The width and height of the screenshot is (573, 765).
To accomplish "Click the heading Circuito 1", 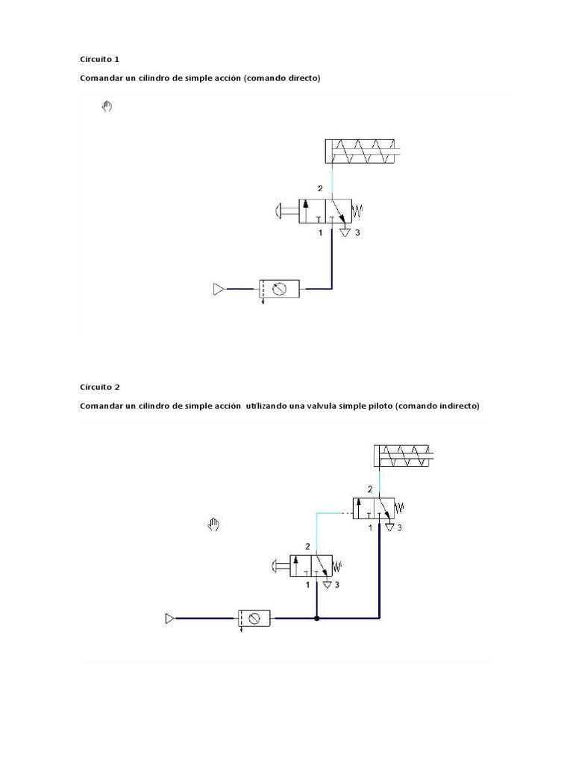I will (99, 59).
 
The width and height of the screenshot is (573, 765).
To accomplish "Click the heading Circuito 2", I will (99, 387).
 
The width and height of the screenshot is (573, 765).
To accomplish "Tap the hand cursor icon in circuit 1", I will (107, 107).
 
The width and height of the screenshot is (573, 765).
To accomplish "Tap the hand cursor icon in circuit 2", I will (213, 524).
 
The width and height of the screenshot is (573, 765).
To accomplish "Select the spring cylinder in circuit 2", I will (404, 456).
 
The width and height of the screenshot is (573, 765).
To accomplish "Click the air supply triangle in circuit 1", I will (218, 288).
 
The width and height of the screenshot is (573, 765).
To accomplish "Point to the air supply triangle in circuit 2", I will (169, 618).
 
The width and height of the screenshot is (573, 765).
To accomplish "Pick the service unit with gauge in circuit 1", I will (279, 289).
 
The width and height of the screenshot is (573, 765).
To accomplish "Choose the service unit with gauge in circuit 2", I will (254, 618).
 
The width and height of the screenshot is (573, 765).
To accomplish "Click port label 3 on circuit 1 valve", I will (357, 233).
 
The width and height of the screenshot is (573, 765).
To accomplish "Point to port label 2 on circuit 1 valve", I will (320, 188).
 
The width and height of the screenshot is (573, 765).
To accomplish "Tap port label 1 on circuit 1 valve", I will (320, 233).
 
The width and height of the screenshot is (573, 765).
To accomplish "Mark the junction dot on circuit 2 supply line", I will (317, 619).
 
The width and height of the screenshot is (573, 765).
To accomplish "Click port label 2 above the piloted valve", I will (370, 489).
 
